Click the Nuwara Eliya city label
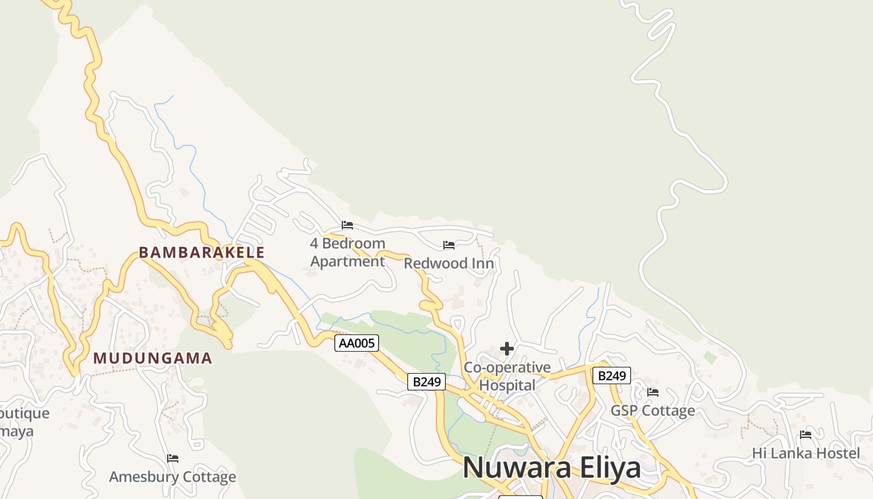point(551,468)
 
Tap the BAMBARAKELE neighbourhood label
point(201,253)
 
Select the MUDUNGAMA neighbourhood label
point(153,359)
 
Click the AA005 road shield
point(357,343)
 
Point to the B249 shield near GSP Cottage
point(611,375)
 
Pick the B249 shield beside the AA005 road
point(427,382)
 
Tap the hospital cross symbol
point(507,349)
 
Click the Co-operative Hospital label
point(507,376)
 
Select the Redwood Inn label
point(449,263)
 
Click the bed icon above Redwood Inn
point(449,245)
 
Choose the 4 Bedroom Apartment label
point(347,252)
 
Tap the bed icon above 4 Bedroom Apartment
point(347,225)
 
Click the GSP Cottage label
point(652,410)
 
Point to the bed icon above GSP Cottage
point(653,392)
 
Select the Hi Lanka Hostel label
point(806,453)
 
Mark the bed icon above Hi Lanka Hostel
point(806,435)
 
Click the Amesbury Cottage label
point(173,477)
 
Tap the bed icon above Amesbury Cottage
point(173,458)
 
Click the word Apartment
point(347,261)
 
